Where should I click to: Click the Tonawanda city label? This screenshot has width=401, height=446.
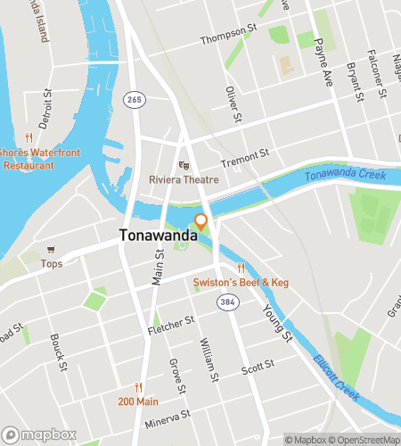click(x=153, y=236)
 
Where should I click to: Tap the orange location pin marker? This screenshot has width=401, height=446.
click(x=201, y=221)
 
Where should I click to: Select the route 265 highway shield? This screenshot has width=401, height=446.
click(x=135, y=100)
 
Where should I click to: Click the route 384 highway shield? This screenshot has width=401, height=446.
click(x=228, y=304)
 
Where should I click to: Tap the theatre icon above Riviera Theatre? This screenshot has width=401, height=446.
click(x=184, y=165)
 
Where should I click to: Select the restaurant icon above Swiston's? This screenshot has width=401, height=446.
click(x=240, y=268)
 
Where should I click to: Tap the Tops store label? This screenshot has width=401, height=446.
click(x=52, y=264)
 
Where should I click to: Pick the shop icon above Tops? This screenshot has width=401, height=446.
click(x=52, y=250)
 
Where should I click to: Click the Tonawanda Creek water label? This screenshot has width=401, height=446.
click(x=344, y=174)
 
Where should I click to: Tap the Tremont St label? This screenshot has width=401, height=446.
click(x=245, y=160)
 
